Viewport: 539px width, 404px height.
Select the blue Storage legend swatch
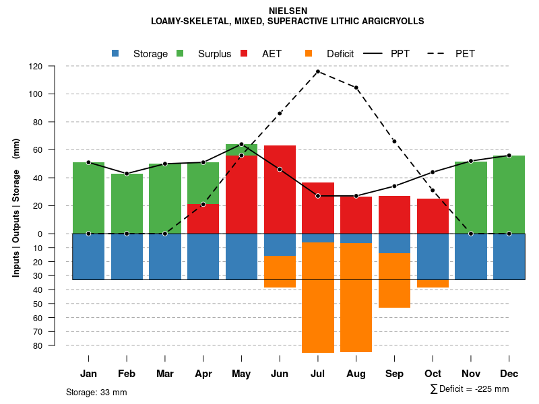(115, 53)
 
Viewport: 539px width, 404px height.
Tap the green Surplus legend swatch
(180, 53)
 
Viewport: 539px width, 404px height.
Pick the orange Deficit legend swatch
(309, 53)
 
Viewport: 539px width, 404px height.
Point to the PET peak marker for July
(317, 71)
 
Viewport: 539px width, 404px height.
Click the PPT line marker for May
(241, 144)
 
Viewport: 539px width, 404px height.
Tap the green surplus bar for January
(88, 198)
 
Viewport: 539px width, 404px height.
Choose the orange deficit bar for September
(394, 280)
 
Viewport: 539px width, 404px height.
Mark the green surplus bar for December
(509, 195)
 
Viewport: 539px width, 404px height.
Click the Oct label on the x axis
(433, 374)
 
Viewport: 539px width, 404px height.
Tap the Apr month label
(203, 374)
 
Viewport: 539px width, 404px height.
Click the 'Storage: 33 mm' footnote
(96, 392)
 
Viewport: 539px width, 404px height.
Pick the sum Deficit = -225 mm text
(469, 389)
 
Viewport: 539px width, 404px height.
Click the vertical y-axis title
(16, 206)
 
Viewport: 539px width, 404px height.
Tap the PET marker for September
(394, 141)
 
